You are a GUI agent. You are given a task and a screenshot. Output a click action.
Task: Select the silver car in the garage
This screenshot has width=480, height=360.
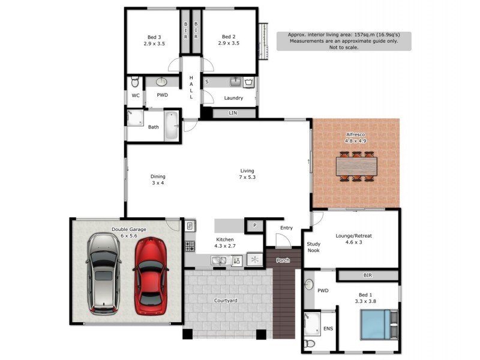click(103, 273)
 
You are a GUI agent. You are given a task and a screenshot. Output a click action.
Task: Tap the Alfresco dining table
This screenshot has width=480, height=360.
click(356, 165)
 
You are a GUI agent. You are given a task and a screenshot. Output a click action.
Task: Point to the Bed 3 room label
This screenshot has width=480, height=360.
click(154, 40)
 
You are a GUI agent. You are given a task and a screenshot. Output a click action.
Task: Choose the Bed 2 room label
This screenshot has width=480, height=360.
click(229, 40)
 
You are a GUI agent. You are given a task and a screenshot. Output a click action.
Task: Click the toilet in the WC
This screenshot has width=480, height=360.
click(134, 82)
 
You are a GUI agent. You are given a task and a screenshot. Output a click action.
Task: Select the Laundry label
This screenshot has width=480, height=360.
click(233, 98)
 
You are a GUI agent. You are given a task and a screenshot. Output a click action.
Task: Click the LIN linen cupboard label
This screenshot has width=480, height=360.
click(233, 113)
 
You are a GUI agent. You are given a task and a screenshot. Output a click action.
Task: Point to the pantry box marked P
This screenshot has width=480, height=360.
click(254, 226)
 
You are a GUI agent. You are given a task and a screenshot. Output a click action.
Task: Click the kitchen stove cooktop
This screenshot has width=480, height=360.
click(190, 246)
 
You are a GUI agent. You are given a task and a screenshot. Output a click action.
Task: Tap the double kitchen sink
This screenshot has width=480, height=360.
click(218, 260)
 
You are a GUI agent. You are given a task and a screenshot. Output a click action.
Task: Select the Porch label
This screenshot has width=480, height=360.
click(282, 260)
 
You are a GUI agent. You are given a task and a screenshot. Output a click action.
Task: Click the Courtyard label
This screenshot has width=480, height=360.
click(227, 300)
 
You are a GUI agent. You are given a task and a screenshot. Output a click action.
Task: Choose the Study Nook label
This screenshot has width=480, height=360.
click(314, 247)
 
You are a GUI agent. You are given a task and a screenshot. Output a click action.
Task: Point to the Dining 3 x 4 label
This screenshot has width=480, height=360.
click(158, 179)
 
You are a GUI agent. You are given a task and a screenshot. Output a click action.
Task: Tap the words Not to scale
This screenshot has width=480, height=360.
click(343, 47)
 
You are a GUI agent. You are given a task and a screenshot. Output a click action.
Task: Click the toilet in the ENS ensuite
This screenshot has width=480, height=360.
click(310, 344)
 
